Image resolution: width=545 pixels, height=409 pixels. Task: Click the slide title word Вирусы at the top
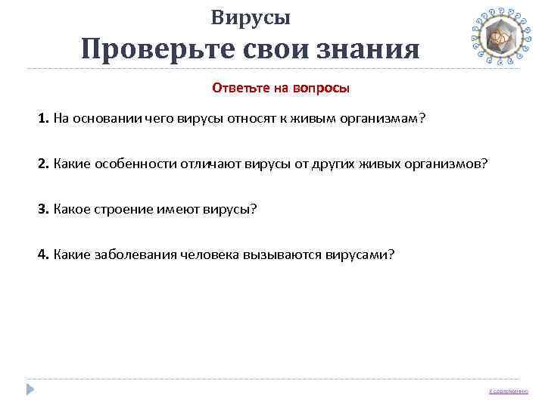pyautogui.click(x=251, y=17)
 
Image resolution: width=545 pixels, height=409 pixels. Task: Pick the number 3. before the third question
pyautogui.click(x=43, y=208)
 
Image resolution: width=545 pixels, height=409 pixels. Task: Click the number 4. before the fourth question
pyautogui.click(x=43, y=254)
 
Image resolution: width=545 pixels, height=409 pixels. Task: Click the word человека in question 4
pyautogui.click(x=209, y=254)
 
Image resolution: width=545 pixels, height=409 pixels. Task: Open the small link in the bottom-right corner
pyautogui.click(x=509, y=391)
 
